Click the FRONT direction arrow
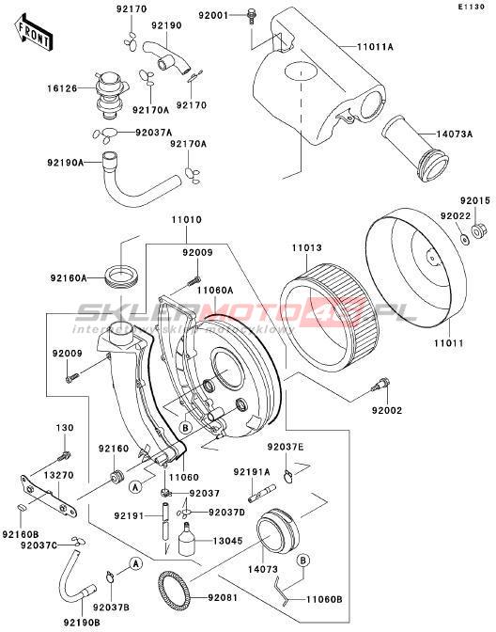coord(33,33)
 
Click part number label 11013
coord(307,248)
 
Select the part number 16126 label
coord(61,88)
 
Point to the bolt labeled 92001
coord(252,15)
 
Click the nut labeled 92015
coord(477,231)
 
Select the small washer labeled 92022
coord(464,240)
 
